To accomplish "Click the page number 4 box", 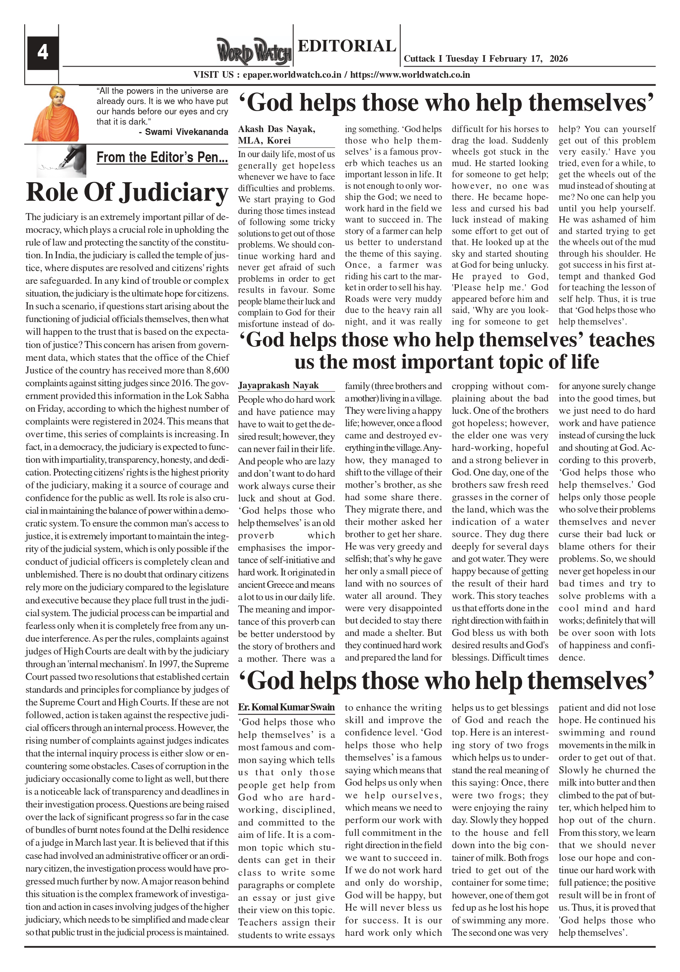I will tap(42, 53).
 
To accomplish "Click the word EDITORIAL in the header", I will tap(347, 46).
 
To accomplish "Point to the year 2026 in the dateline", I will tap(559, 59).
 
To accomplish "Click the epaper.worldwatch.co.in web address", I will tap(292, 75).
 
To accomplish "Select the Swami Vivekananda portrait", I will tap(55, 114).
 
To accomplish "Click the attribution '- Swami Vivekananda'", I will tap(183, 132).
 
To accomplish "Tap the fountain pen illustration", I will tap(61, 160).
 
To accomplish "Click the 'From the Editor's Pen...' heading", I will tap(162, 158).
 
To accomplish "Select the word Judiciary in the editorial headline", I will tap(173, 193).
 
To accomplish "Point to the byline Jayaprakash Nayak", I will tap(278, 385).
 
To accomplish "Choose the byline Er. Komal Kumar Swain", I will tap(286, 708).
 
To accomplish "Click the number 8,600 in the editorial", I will tap(217, 371).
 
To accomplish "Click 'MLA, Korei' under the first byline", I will tap(264, 141).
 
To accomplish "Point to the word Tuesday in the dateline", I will tap(462, 59).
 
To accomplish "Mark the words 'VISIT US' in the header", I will tap(213, 75).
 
